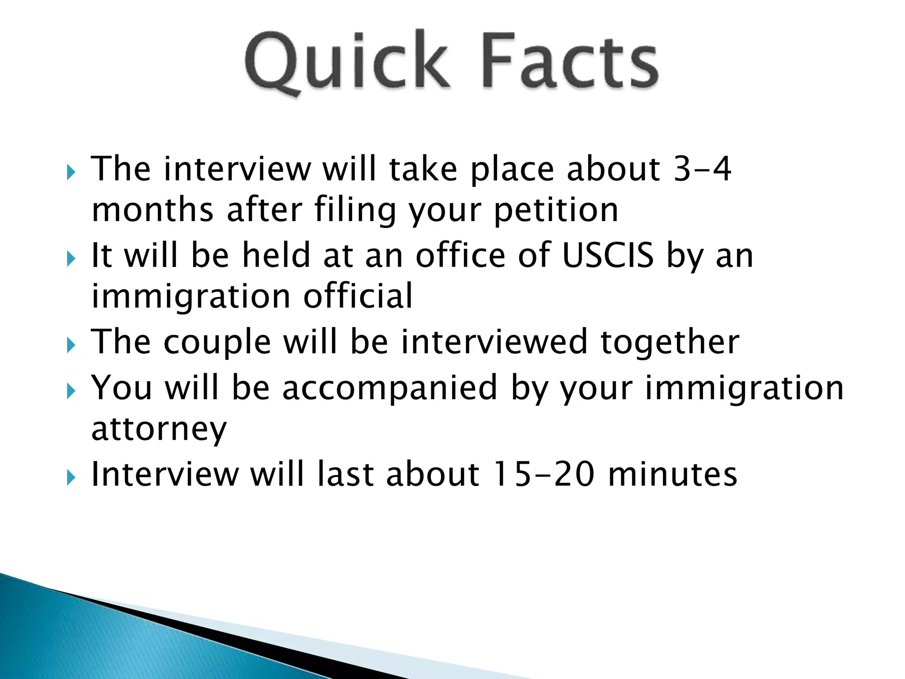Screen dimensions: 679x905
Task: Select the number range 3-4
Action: point(702,169)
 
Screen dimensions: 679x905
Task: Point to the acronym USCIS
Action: point(608,255)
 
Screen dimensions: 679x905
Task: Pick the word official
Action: point(358,296)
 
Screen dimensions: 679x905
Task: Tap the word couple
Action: point(217,343)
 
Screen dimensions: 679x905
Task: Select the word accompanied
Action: point(390,388)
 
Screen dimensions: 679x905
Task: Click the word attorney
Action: point(159,429)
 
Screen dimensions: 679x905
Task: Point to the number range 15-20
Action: point(544,474)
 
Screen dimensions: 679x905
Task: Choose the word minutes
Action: point(673,474)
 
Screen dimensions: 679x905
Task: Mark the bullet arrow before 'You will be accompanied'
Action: point(71,391)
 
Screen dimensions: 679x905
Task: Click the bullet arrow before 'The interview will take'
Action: point(71,172)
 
